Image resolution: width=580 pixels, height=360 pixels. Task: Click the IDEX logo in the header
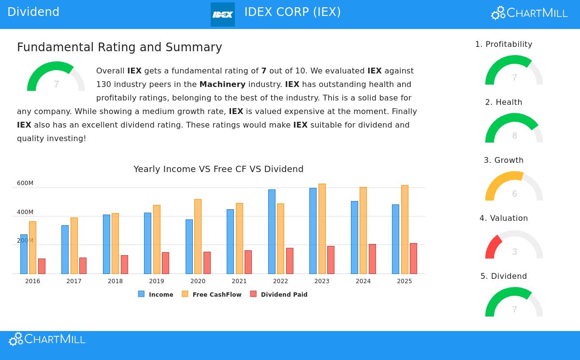tap(223, 14)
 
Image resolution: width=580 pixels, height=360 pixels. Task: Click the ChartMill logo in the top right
tap(529, 13)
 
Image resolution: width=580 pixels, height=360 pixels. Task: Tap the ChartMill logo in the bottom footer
tap(47, 339)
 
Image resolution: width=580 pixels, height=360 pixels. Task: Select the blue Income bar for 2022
tap(272, 231)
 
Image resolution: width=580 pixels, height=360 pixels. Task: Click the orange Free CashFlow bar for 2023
tap(322, 229)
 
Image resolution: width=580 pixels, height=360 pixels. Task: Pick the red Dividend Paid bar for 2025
tap(413, 259)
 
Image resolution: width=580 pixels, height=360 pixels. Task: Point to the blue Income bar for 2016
tap(24, 254)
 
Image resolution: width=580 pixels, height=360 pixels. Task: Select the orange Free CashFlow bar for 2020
tap(198, 236)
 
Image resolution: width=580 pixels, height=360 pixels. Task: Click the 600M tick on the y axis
tap(25, 183)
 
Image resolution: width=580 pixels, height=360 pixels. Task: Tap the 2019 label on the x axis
tap(157, 281)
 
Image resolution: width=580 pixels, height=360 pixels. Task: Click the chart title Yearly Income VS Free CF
tap(218, 169)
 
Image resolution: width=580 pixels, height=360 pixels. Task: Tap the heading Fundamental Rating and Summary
tap(119, 47)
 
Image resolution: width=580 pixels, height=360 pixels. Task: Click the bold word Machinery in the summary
tap(222, 84)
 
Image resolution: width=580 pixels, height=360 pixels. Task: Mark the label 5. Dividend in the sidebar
tap(504, 276)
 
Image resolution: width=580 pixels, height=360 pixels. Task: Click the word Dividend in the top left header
tap(33, 12)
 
